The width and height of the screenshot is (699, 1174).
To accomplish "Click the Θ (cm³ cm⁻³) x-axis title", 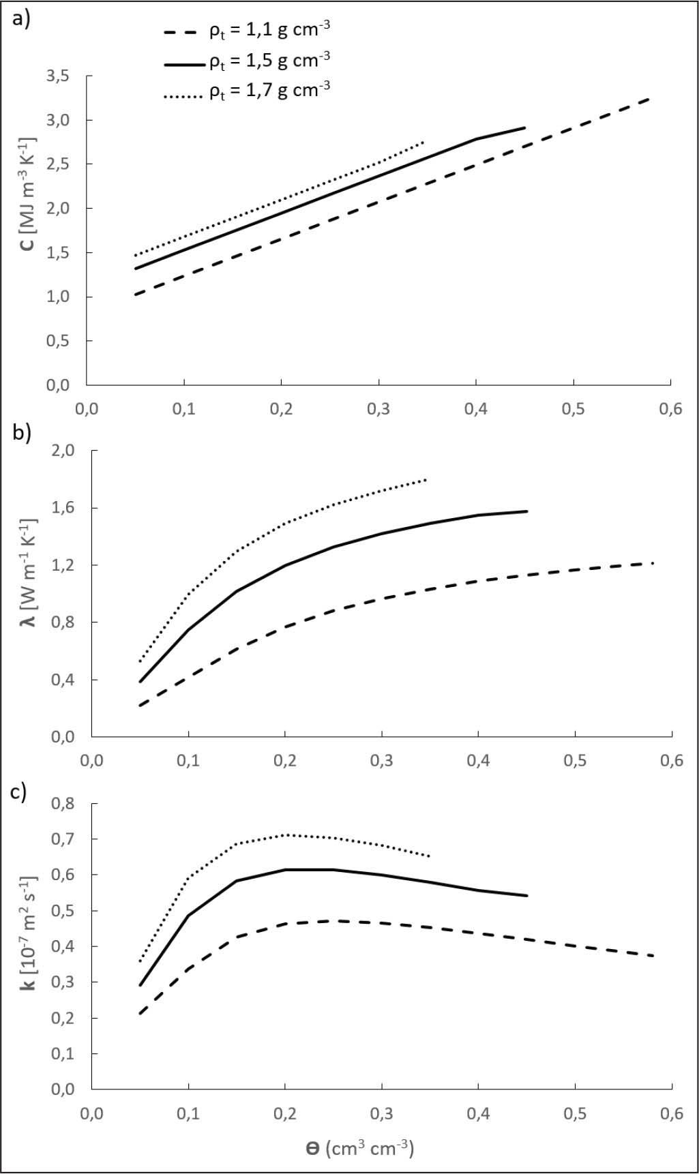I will (360, 1148).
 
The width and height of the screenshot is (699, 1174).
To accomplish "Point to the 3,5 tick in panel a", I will (58, 76).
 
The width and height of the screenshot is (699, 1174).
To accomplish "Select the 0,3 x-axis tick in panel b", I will (382, 761).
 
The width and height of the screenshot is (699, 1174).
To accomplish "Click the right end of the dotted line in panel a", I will (424, 142).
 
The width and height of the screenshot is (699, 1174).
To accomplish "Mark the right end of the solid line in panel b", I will (527, 511).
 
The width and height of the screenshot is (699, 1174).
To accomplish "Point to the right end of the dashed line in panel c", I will (654, 956).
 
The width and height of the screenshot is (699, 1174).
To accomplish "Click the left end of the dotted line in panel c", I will (140, 962).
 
